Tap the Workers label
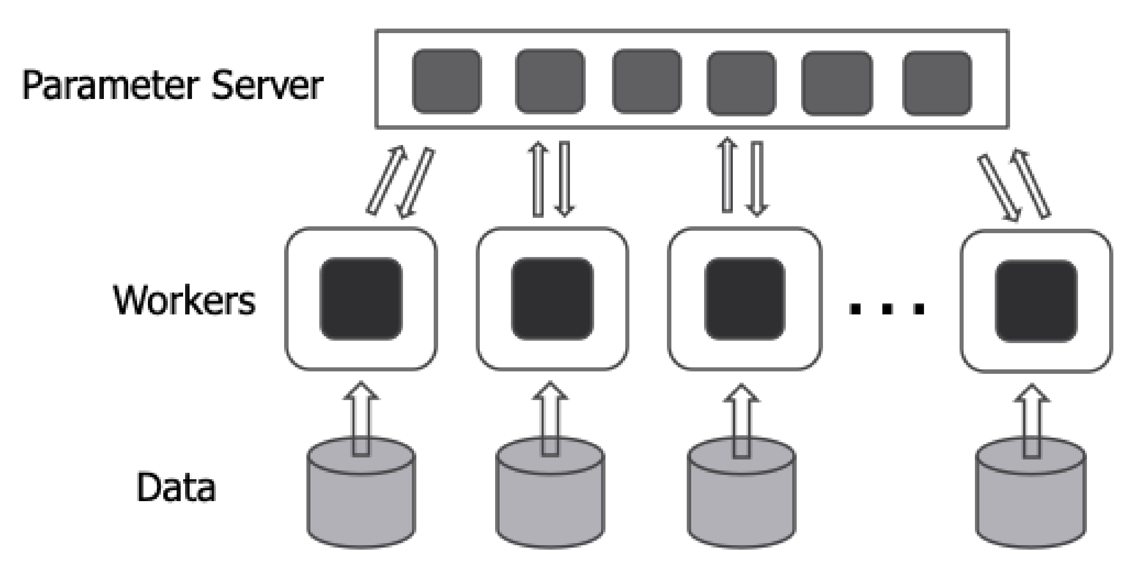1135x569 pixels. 185,300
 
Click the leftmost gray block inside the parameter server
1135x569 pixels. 447,82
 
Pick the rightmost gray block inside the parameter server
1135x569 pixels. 937,83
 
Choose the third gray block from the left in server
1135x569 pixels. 647,82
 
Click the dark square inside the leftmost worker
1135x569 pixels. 361,299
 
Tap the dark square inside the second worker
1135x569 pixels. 552,299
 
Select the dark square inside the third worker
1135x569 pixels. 745,299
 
